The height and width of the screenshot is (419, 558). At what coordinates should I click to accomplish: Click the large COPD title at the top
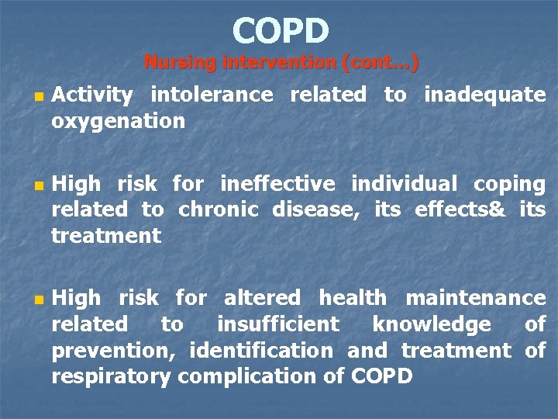(280, 31)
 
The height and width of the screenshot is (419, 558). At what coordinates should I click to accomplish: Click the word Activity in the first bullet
(92, 95)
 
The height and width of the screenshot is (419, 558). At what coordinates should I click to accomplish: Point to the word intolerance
(212, 95)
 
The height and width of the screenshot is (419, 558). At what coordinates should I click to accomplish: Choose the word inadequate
(484, 95)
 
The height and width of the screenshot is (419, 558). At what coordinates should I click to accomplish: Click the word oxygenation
(118, 122)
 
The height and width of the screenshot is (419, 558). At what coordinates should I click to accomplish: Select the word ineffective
(277, 184)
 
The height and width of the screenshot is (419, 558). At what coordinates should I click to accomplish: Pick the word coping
(509, 184)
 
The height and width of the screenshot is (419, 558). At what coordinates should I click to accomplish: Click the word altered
(262, 298)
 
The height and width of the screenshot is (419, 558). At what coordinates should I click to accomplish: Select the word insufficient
(277, 324)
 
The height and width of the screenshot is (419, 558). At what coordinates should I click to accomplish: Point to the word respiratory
(112, 377)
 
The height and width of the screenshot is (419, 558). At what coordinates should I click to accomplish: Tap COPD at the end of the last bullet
(382, 377)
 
